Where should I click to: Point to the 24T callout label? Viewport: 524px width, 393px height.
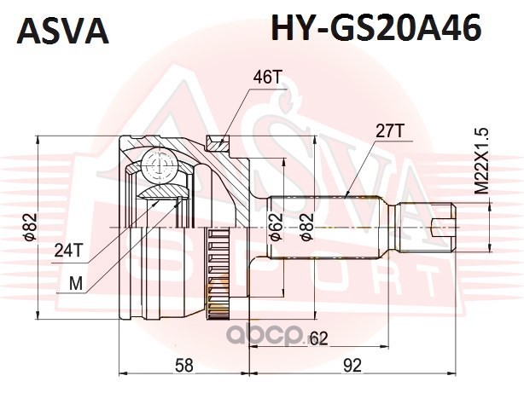(x=67, y=251)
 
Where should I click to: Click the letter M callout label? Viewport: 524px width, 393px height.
(x=75, y=285)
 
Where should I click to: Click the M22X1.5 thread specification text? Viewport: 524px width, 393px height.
(x=482, y=161)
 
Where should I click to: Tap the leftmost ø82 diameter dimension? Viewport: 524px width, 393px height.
(x=29, y=228)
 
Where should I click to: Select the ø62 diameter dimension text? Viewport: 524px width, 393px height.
(x=277, y=228)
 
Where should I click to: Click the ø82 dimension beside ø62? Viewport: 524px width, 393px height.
(x=306, y=228)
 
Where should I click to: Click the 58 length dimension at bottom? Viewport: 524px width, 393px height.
(x=184, y=365)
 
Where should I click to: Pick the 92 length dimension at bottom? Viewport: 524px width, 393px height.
(x=352, y=365)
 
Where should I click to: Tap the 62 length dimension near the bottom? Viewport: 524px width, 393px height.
(x=318, y=339)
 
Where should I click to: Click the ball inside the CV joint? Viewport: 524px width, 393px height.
(x=159, y=165)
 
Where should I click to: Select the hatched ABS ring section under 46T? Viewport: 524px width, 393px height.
(x=218, y=143)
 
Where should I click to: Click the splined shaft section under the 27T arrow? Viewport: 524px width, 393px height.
(x=325, y=228)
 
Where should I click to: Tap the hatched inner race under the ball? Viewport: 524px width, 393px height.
(x=163, y=192)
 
